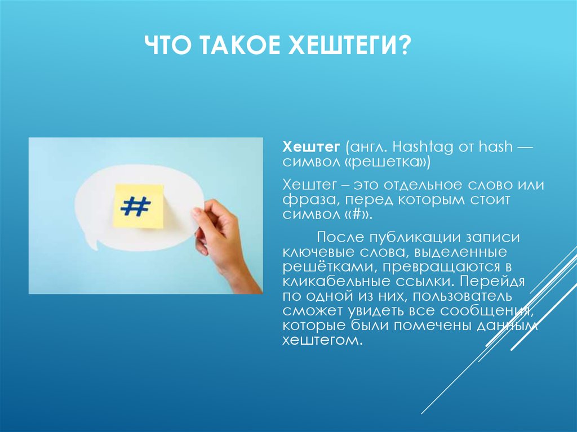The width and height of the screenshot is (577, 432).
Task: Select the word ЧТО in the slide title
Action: [168, 46]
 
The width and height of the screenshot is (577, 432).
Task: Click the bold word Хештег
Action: [311, 148]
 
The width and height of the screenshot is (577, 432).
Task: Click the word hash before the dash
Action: [495, 147]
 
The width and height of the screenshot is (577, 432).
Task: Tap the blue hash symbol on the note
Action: [135, 206]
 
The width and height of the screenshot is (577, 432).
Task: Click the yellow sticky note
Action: [138, 206]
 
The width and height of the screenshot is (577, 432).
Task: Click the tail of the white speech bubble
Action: [92, 243]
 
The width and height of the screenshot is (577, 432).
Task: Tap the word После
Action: [340, 237]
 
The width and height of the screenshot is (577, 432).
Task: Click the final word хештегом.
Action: [320, 340]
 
